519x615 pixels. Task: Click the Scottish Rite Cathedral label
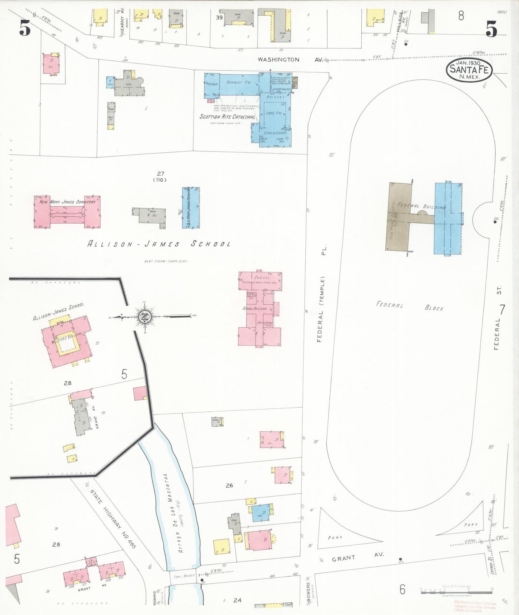(227, 117)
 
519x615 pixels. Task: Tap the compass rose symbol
(145, 317)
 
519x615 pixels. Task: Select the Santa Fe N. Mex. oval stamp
(469, 70)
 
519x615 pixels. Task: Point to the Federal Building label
(422, 206)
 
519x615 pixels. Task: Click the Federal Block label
(410, 306)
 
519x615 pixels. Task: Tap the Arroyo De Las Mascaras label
(173, 513)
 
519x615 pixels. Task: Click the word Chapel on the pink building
(262, 278)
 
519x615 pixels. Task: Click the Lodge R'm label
(274, 113)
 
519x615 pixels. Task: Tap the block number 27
(160, 174)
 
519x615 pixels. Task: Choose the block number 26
(229, 485)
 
